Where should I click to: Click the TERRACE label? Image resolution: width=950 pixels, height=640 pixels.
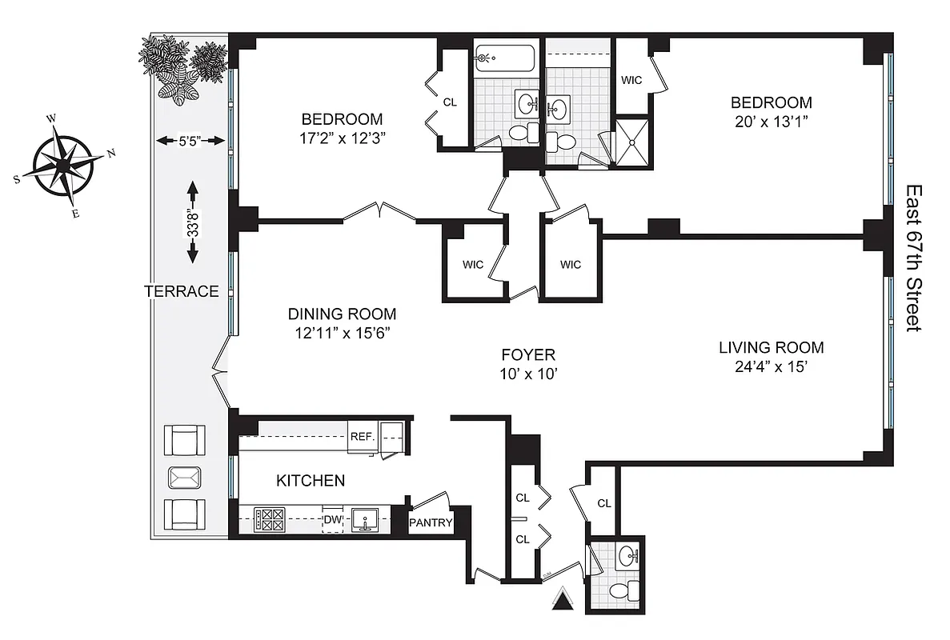(x=182, y=291)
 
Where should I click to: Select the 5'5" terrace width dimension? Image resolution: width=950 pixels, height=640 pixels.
(x=189, y=142)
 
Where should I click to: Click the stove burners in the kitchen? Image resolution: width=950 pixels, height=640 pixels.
(x=269, y=520)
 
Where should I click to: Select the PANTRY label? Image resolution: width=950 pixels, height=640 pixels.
(x=431, y=524)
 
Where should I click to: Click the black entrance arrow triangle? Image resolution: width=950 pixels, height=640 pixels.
(x=564, y=599)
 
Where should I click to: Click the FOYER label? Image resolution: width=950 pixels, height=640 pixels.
(x=528, y=354)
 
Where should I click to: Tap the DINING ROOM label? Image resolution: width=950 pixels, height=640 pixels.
(x=342, y=314)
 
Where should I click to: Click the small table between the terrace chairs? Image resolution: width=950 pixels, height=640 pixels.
(x=184, y=478)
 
